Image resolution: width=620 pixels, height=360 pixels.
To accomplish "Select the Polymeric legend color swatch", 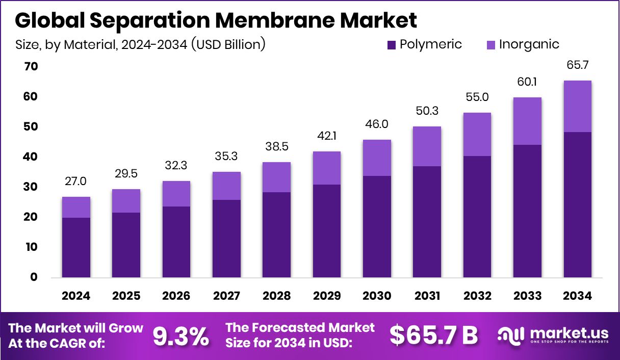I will [x=392, y=45].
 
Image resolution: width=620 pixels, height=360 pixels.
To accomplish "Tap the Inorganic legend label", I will [x=529, y=44].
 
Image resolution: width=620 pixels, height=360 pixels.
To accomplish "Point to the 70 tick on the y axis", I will [x=30, y=66].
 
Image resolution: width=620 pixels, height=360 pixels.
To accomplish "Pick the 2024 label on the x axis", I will [x=76, y=296].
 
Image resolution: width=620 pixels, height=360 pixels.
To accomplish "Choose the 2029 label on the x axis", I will [x=327, y=296].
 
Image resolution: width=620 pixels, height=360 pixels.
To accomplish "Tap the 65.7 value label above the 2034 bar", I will [x=577, y=66].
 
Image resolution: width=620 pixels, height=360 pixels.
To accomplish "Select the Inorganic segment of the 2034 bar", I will [x=577, y=106].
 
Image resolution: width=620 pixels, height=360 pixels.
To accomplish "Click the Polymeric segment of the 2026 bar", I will [x=176, y=242].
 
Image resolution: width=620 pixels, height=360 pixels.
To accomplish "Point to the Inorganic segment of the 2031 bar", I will [x=427, y=146].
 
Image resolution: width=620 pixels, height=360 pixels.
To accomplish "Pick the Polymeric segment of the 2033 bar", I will [x=527, y=211].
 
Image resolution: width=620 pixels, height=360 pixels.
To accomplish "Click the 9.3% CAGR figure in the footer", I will [x=180, y=336].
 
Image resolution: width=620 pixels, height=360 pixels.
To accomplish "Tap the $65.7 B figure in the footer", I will [x=433, y=335].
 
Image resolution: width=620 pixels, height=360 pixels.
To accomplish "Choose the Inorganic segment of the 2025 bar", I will [x=126, y=201].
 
